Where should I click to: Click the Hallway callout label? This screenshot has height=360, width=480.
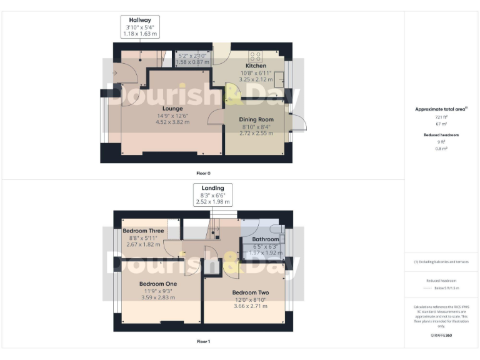pyautogui.click(x=140, y=20)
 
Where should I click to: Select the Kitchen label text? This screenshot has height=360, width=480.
pyautogui.click(x=256, y=66)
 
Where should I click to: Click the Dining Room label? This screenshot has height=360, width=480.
pyautogui.click(x=257, y=119)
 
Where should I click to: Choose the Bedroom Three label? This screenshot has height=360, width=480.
pyautogui.click(x=143, y=231)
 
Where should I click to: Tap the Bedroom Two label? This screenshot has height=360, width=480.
pyautogui.click(x=250, y=292)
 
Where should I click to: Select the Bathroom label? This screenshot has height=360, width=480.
pyautogui.click(x=265, y=239)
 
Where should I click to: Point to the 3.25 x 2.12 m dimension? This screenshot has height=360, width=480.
pyautogui.click(x=256, y=80)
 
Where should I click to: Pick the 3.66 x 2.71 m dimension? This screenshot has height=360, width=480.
pyautogui.click(x=250, y=306)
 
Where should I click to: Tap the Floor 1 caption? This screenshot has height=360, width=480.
pyautogui.click(x=204, y=342)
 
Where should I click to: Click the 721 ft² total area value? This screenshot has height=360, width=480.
pyautogui.click(x=442, y=117)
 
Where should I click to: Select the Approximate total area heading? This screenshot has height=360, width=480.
pyautogui.click(x=441, y=109)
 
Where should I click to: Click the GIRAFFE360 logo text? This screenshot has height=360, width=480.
pyautogui.click(x=441, y=336)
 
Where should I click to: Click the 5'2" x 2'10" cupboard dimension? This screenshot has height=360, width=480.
pyautogui.click(x=192, y=55)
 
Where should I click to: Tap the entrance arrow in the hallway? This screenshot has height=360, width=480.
pyautogui.click(x=114, y=72)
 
